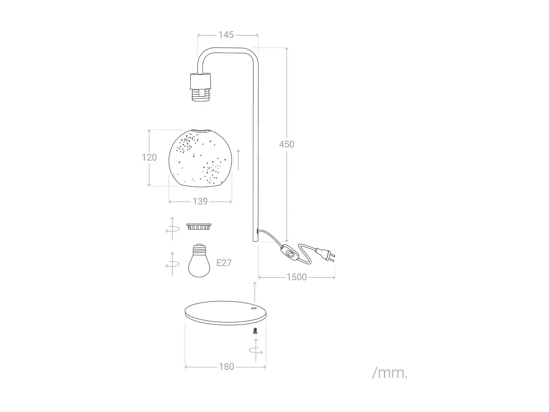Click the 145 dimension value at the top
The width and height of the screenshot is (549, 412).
(x=226, y=35)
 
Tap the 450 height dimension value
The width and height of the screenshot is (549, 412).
(x=286, y=144)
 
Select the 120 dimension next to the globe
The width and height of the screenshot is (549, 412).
(x=149, y=157)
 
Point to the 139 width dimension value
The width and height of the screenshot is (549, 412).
(x=200, y=201)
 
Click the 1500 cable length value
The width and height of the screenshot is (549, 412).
(x=296, y=277)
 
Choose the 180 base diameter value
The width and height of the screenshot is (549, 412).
(x=226, y=367)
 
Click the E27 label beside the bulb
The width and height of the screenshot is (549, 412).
(x=224, y=263)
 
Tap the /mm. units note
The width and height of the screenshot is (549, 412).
(x=389, y=373)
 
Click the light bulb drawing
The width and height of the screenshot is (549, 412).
(x=199, y=260)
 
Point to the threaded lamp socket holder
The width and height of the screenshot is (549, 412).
(x=200, y=87)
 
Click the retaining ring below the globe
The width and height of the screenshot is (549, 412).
(x=199, y=227)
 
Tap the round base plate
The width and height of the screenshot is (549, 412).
(x=225, y=313)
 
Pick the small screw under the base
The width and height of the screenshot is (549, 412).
(x=255, y=331)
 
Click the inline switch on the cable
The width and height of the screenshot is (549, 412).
(x=290, y=253)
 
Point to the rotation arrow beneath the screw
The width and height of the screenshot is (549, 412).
(x=255, y=350)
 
